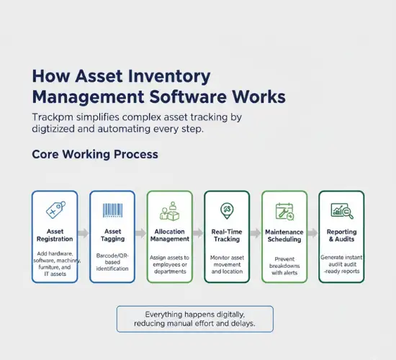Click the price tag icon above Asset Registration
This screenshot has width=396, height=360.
pyautogui.click(x=55, y=210)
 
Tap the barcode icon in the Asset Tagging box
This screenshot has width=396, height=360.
pyautogui.click(x=112, y=210)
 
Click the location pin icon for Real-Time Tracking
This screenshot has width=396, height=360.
pyautogui.click(x=226, y=210)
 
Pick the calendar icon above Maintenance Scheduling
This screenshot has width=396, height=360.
pyautogui.click(x=284, y=211)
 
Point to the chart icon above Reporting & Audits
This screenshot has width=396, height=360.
pyautogui.click(x=341, y=210)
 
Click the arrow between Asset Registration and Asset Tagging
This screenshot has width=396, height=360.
pyautogui.click(x=83, y=233)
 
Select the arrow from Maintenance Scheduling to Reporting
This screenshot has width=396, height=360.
pyautogui.click(x=312, y=233)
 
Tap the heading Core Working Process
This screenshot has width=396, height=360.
pyautogui.click(x=94, y=155)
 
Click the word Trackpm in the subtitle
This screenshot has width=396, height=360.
pyautogui.click(x=53, y=117)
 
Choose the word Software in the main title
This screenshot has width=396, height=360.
pyautogui.click(x=228, y=96)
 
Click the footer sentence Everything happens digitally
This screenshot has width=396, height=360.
pyautogui.click(x=194, y=315)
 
